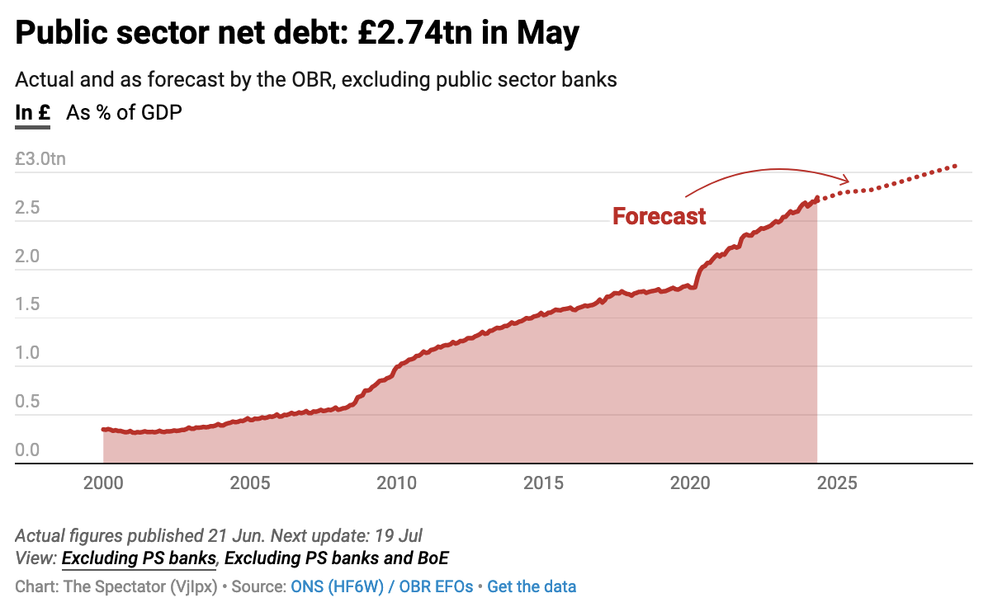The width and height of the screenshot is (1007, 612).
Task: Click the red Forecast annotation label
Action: (x=659, y=216)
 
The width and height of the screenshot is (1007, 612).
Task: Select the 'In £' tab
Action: (x=33, y=113)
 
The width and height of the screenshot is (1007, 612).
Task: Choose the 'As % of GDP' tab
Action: (x=124, y=113)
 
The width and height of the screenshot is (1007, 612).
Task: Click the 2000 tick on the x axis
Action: (x=103, y=483)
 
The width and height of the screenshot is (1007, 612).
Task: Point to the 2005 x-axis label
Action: (x=250, y=483)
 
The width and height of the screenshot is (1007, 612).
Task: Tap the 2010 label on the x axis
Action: (x=397, y=483)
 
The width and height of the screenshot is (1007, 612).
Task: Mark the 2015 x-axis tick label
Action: (x=544, y=483)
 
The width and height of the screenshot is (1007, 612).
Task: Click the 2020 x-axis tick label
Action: (x=691, y=483)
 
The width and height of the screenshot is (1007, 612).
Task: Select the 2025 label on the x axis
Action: (x=837, y=483)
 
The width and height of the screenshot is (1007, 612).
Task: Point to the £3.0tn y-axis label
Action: (x=40, y=159)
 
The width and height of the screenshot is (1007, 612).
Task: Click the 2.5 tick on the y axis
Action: (x=27, y=208)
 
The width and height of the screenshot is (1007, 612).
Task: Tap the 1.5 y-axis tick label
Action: (x=27, y=304)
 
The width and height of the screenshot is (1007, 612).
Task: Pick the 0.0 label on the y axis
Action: (x=27, y=450)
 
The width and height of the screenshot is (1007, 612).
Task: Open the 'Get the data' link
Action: (x=532, y=587)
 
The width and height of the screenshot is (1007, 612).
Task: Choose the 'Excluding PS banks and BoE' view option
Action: (x=337, y=558)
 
